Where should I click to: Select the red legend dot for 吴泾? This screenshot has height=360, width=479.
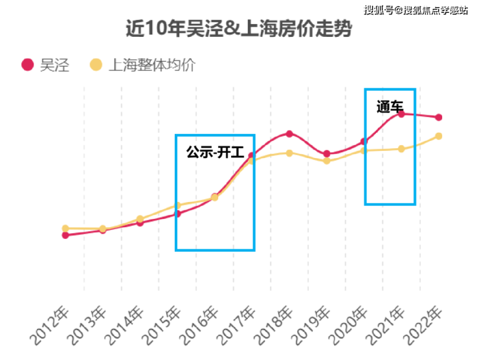[x=27, y=65]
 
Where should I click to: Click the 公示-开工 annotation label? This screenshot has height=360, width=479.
[x=215, y=153]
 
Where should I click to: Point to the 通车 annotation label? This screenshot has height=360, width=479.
[x=390, y=107]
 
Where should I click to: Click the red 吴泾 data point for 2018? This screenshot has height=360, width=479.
[x=289, y=134]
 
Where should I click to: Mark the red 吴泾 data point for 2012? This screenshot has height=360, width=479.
[x=65, y=235]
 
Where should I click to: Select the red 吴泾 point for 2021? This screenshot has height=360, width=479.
[x=401, y=114]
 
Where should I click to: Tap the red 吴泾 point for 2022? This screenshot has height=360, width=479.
[x=439, y=117]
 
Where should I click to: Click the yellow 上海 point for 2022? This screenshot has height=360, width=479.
[x=439, y=136]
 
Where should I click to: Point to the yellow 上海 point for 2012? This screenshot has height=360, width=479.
[x=65, y=229]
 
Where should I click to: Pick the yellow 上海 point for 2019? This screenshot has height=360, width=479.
[x=327, y=161]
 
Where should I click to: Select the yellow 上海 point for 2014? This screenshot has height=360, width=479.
[x=140, y=219]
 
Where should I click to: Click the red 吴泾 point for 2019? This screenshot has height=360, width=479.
[x=327, y=153]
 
